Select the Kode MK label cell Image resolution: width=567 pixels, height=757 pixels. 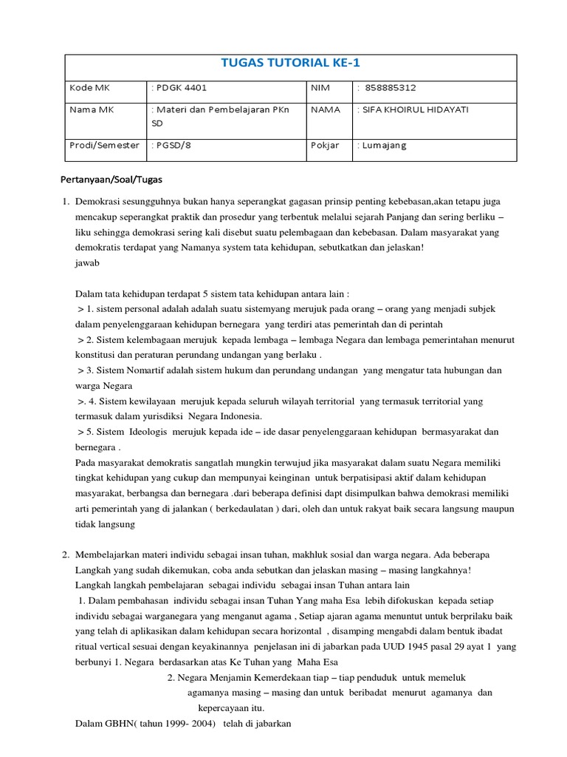(88, 87)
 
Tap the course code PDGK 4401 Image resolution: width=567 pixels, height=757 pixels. (181, 87)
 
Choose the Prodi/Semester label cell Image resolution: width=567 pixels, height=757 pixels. (104, 145)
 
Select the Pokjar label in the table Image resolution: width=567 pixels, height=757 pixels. (326, 145)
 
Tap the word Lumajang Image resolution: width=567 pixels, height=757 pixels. (384, 145)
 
